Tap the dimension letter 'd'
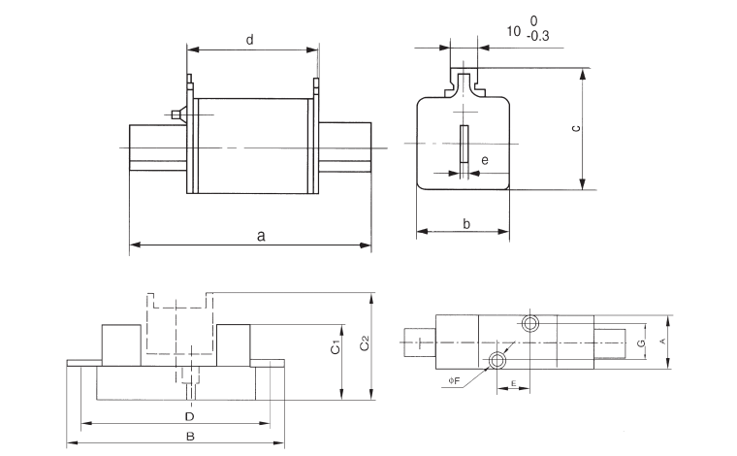click(249, 40)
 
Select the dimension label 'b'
click(466, 223)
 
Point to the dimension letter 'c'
click(575, 129)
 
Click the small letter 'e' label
click(484, 159)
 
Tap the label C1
click(335, 346)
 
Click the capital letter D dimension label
click(190, 416)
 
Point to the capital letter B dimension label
click(190, 438)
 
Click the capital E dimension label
click(512, 383)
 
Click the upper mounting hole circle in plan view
click(529, 322)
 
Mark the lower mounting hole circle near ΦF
click(497, 361)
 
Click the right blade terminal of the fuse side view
click(344, 147)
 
